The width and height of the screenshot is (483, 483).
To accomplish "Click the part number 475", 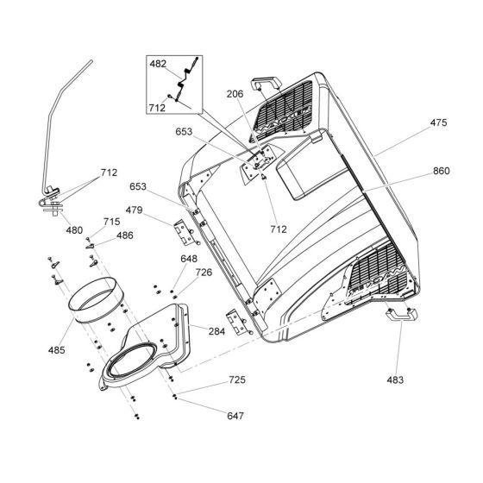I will (439, 123).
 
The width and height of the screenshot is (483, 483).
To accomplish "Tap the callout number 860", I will (441, 172).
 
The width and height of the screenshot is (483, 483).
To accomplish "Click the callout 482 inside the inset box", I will (158, 65).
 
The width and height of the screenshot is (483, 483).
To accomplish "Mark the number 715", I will (112, 223).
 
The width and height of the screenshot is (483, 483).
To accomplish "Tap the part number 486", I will (125, 235).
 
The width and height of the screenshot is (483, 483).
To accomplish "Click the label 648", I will (189, 259).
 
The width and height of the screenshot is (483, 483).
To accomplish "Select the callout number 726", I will (204, 273).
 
